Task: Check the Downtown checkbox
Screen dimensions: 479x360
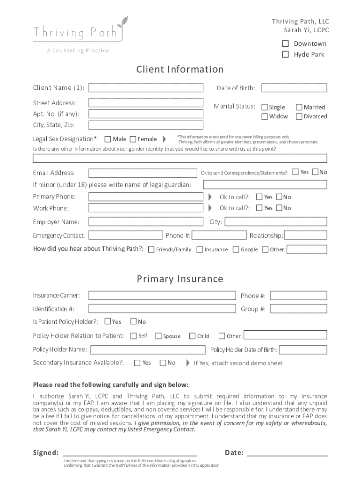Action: pyautogui.click(x=285, y=44)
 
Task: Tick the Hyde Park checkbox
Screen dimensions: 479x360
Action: pyautogui.click(x=285, y=54)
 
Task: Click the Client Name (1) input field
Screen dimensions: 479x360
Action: pyautogui.click(x=146, y=88)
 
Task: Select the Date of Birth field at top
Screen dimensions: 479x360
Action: pyautogui.click(x=294, y=88)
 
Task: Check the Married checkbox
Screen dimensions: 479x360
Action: pyautogui.click(x=300, y=107)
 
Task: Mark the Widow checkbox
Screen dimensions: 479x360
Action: pyautogui.click(x=265, y=116)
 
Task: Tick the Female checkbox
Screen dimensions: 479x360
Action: pyautogui.click(x=133, y=139)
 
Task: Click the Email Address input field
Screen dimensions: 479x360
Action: pyautogui.click(x=143, y=173)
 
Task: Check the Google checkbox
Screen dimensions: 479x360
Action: pyautogui.click(x=236, y=249)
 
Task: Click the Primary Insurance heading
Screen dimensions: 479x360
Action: pyautogui.click(x=180, y=279)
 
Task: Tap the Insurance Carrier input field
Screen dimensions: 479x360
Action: pyautogui.click(x=162, y=296)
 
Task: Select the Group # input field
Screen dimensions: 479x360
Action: pyautogui.click(x=298, y=309)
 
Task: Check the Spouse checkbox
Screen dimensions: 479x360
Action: pyautogui.click(x=158, y=336)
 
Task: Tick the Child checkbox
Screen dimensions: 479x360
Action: pyautogui.click(x=192, y=336)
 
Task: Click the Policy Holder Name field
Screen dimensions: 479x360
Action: pyautogui.click(x=148, y=349)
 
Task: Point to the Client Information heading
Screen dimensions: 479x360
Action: pyautogui.click(x=180, y=70)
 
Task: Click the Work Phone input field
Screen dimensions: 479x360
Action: pyautogui.click(x=146, y=208)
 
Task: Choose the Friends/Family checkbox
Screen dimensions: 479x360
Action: pyautogui.click(x=151, y=249)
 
